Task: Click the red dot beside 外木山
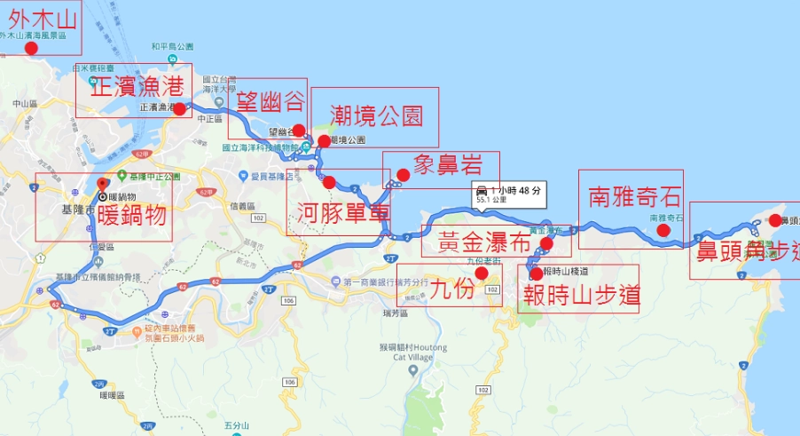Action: pos(32,48)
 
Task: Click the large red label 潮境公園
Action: pos(375,115)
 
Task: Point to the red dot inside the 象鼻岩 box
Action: pos(404,174)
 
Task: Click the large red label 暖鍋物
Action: pos(132,214)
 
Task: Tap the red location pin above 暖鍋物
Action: pos(101,184)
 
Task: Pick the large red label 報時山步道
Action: pos(581,296)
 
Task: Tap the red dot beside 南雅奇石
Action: pos(663,231)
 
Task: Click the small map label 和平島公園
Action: pos(172,45)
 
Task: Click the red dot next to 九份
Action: pos(482,273)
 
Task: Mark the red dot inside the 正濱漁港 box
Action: pos(180,109)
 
